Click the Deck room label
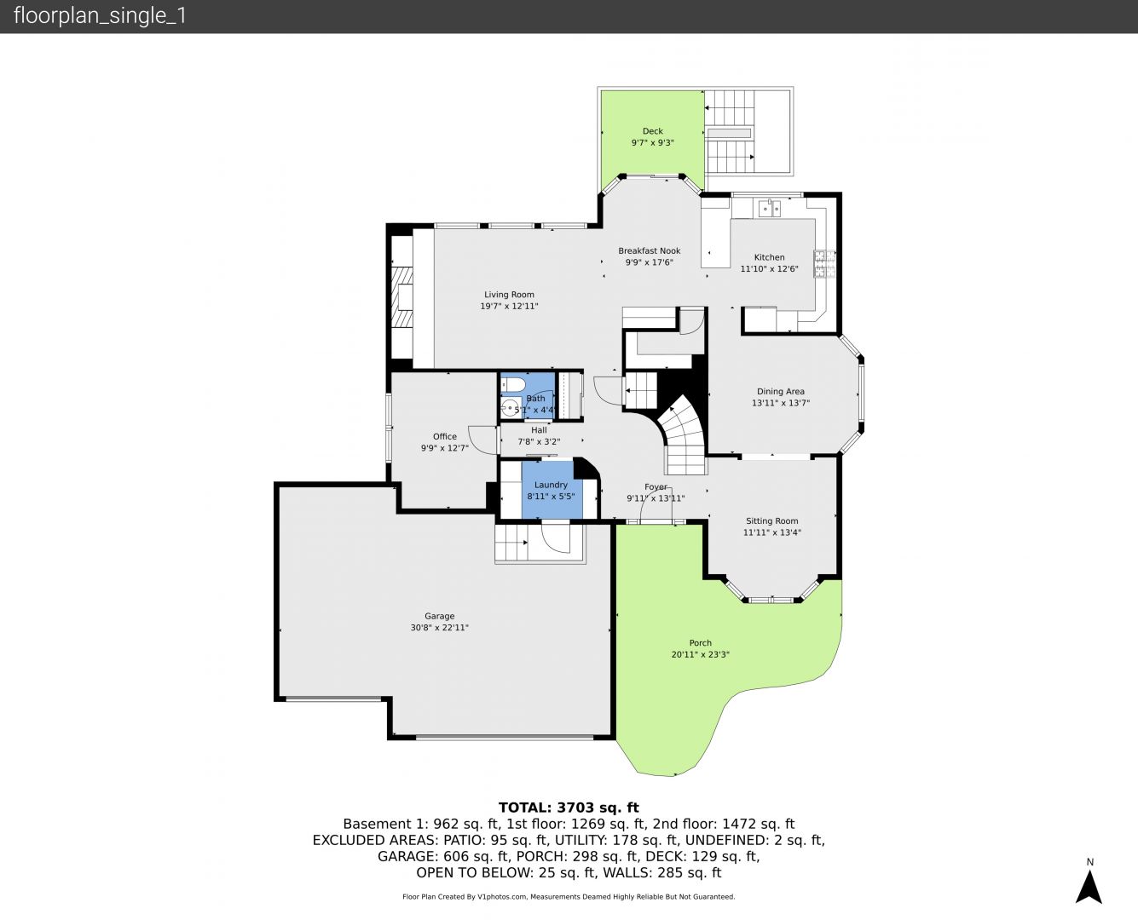652,131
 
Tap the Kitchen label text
770,257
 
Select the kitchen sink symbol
770,208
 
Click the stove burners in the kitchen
824,264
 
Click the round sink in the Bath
511,407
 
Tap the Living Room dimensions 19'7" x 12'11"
509,307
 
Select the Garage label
440,616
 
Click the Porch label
701,643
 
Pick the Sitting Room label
772,521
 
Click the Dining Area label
781,391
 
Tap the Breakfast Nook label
650,251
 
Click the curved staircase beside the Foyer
684,435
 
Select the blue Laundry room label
551,485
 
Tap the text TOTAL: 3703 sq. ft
569,808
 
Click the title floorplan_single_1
100,16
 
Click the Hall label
539,430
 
